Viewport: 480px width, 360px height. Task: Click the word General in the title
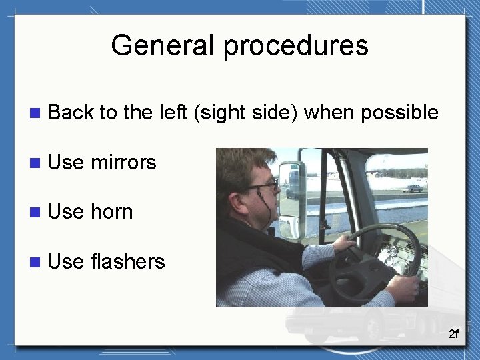point(164,46)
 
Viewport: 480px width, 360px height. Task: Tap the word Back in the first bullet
point(71,113)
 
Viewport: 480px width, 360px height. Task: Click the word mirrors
point(123,162)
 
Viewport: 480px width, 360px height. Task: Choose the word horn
point(111,212)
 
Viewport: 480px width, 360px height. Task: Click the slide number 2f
point(453,334)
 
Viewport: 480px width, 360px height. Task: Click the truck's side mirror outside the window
point(292,190)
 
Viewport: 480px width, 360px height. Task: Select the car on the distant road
point(413,189)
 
